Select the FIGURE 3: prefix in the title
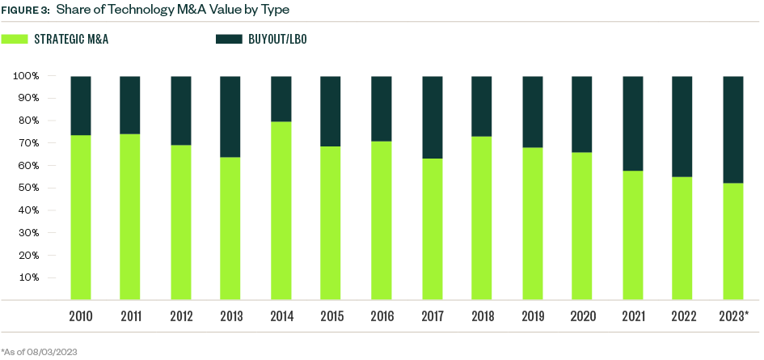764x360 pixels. [25, 11]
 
